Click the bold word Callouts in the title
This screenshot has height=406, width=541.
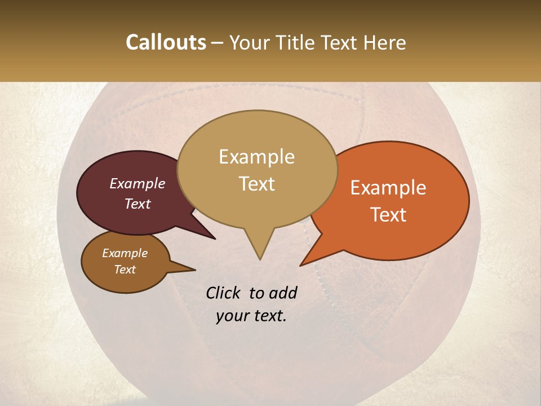point(166,42)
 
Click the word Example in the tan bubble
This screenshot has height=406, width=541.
point(256,157)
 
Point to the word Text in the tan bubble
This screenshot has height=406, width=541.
point(256,184)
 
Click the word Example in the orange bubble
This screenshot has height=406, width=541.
point(388,188)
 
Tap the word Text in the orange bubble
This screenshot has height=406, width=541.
point(388,215)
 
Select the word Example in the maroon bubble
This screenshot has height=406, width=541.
point(137,183)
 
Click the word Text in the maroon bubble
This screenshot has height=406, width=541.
point(137,204)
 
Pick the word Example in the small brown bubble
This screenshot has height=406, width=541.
point(125,253)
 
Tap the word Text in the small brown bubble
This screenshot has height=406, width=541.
point(125,270)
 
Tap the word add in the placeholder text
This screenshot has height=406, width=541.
point(283,293)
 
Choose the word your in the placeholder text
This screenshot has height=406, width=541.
point(232,316)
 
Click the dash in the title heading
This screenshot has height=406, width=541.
point(218,42)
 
